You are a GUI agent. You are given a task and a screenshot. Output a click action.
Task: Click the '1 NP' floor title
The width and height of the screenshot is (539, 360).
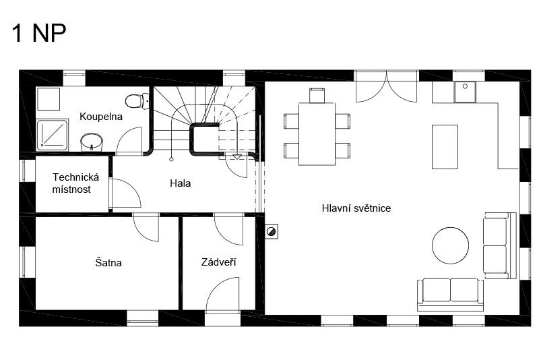[x=39, y=33]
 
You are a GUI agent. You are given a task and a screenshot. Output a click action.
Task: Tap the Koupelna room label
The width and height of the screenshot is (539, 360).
[x=101, y=117]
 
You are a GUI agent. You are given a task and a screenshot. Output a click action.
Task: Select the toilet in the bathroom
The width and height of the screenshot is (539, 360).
[x=137, y=101]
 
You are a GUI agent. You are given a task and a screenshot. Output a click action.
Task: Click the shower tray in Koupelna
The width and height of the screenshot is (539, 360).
[x=53, y=135]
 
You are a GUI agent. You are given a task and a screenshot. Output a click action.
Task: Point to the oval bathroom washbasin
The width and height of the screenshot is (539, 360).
[x=92, y=142]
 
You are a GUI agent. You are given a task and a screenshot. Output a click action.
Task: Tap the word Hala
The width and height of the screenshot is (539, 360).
[x=180, y=183]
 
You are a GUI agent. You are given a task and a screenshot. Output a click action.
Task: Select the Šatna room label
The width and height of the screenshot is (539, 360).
[x=108, y=263]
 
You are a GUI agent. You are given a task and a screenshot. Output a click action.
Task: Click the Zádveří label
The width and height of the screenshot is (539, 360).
[x=218, y=262]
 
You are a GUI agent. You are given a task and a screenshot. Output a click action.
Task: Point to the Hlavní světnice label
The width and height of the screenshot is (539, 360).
[x=356, y=208]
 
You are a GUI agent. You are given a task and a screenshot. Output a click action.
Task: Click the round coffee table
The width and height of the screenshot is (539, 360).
[x=450, y=245]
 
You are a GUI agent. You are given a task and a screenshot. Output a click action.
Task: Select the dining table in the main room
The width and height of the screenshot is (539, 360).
[x=317, y=134]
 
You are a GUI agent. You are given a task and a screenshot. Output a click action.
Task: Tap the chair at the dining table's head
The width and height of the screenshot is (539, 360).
[x=317, y=96]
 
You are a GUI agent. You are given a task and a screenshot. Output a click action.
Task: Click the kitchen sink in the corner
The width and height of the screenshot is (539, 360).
[x=465, y=92]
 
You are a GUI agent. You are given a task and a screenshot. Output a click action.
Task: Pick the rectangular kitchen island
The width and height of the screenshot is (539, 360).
[x=445, y=147]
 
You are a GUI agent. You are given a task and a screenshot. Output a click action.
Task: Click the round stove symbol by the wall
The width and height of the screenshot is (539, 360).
[x=272, y=231]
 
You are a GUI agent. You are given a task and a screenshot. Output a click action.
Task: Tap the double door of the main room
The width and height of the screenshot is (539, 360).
[x=387, y=87]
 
